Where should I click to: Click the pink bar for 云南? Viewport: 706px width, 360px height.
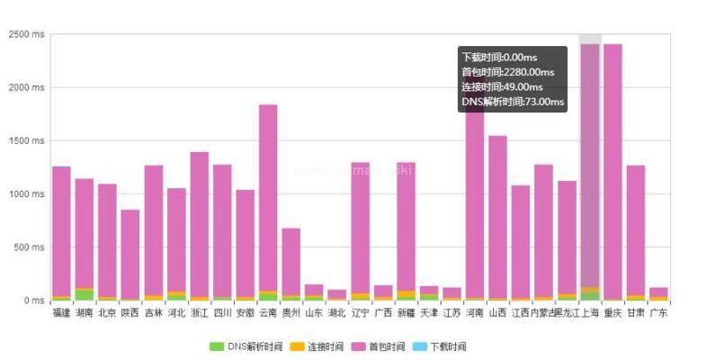pos(268,198)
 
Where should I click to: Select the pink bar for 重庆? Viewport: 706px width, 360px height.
pos(612,171)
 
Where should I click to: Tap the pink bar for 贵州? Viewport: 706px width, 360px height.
pos(290,261)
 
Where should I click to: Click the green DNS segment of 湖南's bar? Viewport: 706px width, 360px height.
pos(85,295)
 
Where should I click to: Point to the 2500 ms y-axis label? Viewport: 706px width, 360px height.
pos(26,35)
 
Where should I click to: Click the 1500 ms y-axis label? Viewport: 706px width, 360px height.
pos(26,141)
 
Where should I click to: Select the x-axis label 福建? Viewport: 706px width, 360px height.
pos(61,313)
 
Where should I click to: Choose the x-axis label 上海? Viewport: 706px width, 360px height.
pos(590,313)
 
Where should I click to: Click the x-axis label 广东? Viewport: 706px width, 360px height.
pos(658,313)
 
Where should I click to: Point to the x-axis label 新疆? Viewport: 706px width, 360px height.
pos(406,313)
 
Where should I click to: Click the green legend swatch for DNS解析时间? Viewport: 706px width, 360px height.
pos(217,346)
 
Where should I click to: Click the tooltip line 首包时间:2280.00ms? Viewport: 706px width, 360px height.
pos(506,72)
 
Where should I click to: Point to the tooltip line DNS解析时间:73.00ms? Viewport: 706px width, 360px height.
pos(510,102)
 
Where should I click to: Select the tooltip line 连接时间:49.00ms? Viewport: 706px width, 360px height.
pos(502,87)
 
